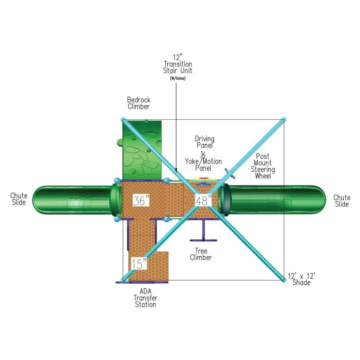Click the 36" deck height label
[141, 201]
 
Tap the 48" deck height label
[203, 201]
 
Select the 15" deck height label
[139, 263]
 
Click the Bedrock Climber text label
[139, 103]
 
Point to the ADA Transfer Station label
[145, 298]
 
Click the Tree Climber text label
[201, 254]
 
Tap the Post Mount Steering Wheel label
[263, 166]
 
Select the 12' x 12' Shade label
[301, 279]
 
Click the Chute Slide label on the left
[19, 199]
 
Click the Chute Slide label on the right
[342, 201]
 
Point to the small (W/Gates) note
[178, 78]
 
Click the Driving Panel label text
[204, 142]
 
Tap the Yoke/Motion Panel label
[203, 164]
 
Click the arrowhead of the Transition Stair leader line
[176, 171]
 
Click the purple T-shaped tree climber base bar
[203, 240]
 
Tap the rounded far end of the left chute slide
[35, 200]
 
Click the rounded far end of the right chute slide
[323, 199]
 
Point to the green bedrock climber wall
[142, 150]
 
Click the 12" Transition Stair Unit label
[178, 64]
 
